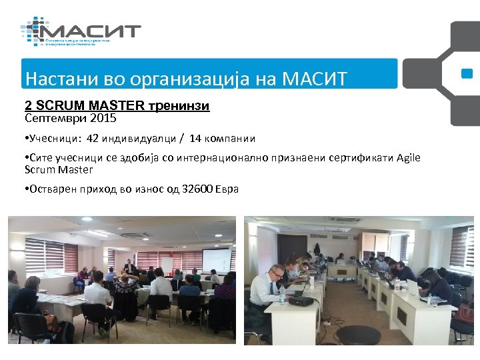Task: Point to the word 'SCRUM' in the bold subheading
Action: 60,106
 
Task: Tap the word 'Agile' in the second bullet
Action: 407,157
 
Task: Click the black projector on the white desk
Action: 301,299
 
